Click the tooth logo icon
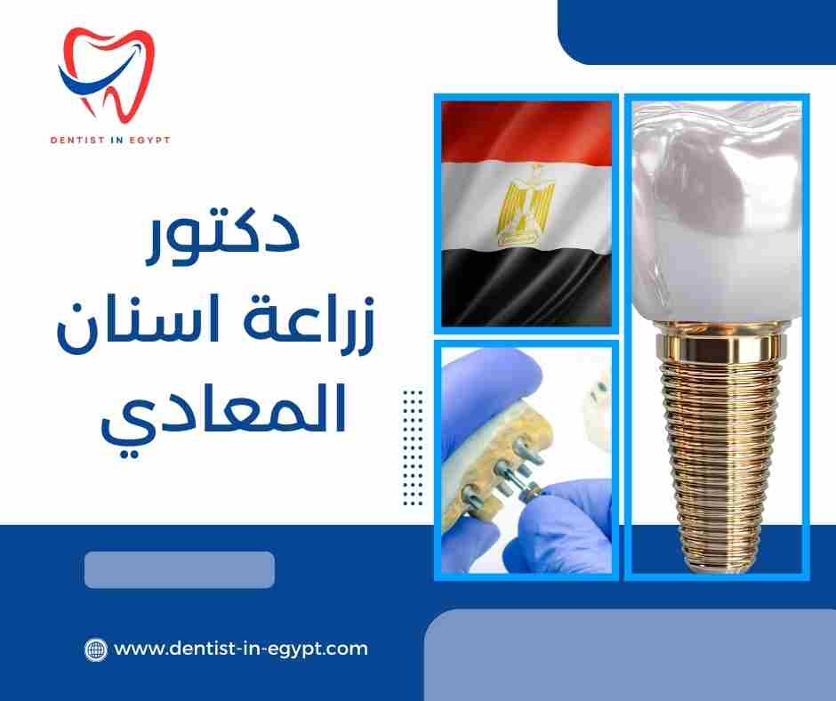pyautogui.click(x=105, y=76)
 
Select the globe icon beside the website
pyautogui.click(x=95, y=649)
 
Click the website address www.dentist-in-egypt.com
pyautogui.click(x=241, y=649)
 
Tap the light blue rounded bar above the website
pyautogui.click(x=179, y=570)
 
